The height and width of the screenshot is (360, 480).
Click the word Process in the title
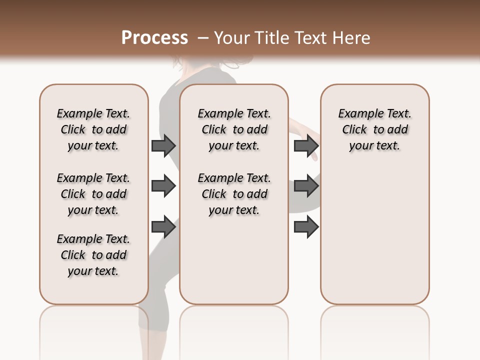pyautogui.click(x=154, y=38)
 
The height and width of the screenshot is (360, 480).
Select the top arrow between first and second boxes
pyautogui.click(x=163, y=145)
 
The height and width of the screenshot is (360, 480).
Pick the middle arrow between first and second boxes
pyautogui.click(x=163, y=186)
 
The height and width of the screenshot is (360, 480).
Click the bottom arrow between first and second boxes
pyautogui.click(x=163, y=227)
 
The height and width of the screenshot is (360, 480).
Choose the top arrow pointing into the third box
pyautogui.click(x=306, y=145)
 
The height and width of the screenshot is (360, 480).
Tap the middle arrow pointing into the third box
pyautogui.click(x=306, y=186)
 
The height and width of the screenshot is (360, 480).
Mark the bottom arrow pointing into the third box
pyautogui.click(x=306, y=227)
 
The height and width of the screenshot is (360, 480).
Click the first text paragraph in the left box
pyautogui.click(x=93, y=129)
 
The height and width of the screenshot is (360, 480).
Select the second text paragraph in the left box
pyautogui.click(x=93, y=194)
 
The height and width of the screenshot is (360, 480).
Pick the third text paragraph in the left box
pyautogui.click(x=93, y=255)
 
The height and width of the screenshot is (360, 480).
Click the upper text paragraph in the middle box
pyautogui.click(x=234, y=129)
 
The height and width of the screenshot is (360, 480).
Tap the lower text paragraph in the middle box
pyautogui.click(x=234, y=194)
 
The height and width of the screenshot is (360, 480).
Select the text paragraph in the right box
pyautogui.click(x=374, y=129)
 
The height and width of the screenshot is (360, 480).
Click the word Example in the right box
pyautogui.click(x=357, y=114)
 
